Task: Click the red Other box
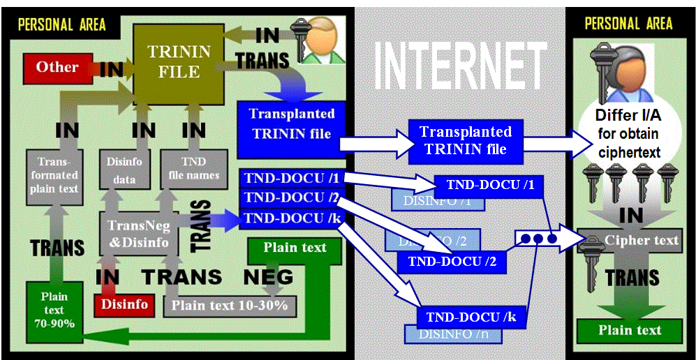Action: pyautogui.click(x=57, y=68)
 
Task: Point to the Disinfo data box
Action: pyautogui.click(x=125, y=170)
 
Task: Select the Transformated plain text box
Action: pyautogui.click(x=54, y=174)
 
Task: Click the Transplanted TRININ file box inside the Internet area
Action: pyautogui.click(x=465, y=140)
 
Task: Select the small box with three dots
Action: pyautogui.click(x=537, y=239)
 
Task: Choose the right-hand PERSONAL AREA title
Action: pyautogui.click(x=629, y=24)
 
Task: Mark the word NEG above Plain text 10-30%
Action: pyautogui.click(x=268, y=277)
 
